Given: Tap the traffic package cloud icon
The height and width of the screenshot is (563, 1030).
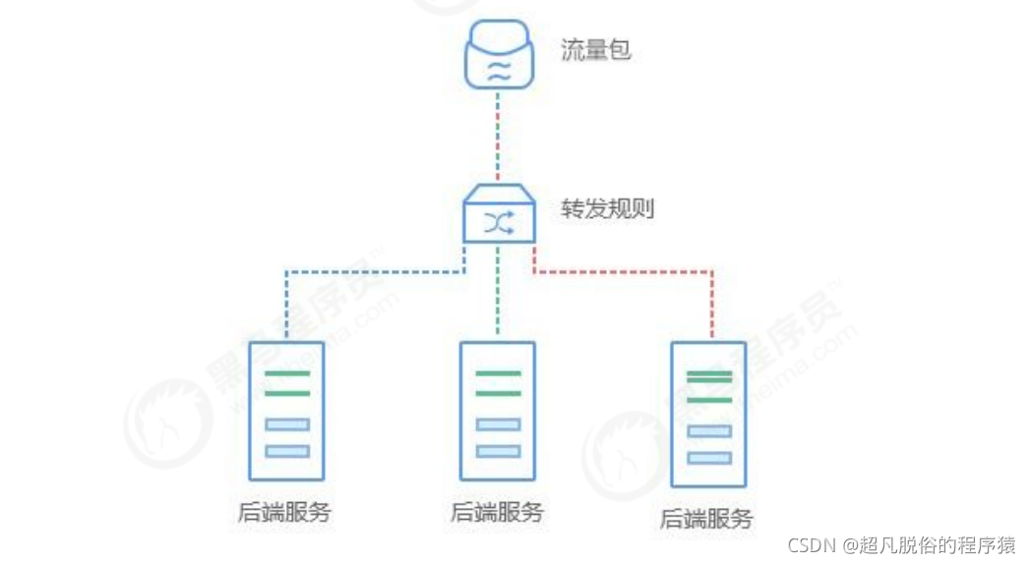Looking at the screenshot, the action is (x=499, y=54).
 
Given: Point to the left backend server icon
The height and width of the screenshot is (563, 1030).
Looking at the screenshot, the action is (x=287, y=412).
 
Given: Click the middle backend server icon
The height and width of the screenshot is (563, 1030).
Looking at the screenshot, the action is (x=498, y=412).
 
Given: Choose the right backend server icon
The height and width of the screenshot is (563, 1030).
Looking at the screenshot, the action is (x=709, y=414).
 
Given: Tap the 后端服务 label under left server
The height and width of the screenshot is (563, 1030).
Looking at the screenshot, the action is (x=284, y=512).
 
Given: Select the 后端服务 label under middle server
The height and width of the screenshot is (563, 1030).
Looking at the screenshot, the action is (x=497, y=512).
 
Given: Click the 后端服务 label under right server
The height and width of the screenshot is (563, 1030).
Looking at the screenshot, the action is (x=707, y=518).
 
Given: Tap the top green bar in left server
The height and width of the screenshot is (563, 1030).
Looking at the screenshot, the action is (x=287, y=374).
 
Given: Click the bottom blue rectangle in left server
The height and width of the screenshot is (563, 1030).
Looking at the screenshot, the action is (x=287, y=451).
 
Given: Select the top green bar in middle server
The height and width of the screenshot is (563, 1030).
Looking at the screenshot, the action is (x=498, y=374).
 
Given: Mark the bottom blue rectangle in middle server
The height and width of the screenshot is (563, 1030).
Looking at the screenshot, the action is (x=498, y=451).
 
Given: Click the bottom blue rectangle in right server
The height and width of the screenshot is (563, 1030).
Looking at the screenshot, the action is (x=709, y=458).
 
